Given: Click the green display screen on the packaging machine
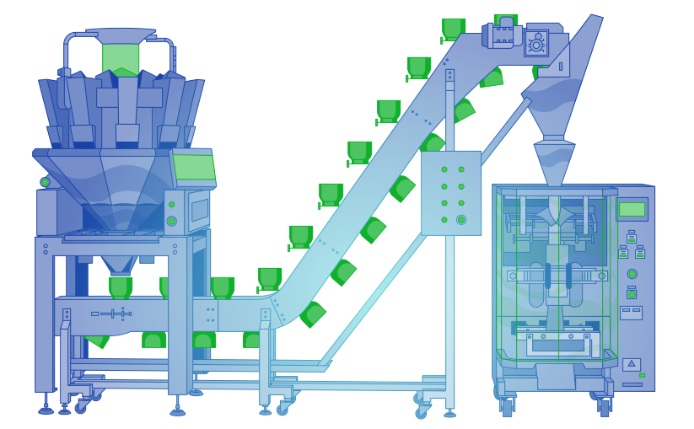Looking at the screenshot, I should (631, 209).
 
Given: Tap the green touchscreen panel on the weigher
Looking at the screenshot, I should (194, 167).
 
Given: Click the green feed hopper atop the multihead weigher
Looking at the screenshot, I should (121, 59).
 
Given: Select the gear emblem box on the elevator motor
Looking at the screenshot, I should (536, 44).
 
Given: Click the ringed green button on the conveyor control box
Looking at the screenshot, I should (461, 220).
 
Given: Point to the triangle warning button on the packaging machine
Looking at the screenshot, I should (631, 364).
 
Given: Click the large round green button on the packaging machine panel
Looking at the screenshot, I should (632, 274).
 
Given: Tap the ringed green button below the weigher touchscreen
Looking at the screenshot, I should (171, 221).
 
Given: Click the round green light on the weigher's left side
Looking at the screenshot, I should (45, 182).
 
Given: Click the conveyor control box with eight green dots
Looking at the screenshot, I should (451, 193).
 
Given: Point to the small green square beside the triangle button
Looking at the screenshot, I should (642, 375).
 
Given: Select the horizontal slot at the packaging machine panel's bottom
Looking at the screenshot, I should (632, 385).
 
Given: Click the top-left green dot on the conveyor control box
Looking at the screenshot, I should (444, 169).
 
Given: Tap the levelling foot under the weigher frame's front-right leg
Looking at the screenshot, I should (177, 412).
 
